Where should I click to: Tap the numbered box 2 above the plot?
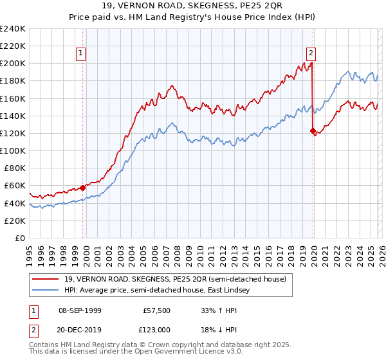point(311,53)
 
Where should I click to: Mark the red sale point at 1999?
point(83,188)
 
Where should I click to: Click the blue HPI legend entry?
point(154,290)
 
